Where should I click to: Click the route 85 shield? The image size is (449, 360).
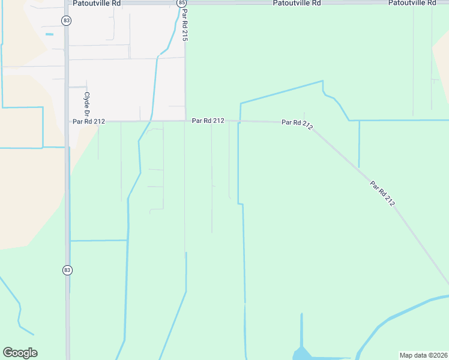(182, 3)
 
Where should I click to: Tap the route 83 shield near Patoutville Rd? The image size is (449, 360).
(67, 20)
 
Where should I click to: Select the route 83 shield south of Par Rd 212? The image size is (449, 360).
(67, 270)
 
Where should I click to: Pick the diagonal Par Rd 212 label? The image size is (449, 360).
(382, 194)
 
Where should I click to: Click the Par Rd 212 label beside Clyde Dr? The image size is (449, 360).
(89, 121)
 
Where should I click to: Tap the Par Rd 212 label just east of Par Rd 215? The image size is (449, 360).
(208, 121)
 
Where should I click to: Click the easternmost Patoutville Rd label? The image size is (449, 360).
(412, 3)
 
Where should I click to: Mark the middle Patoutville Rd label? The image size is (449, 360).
(297, 3)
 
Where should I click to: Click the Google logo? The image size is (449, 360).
(20, 353)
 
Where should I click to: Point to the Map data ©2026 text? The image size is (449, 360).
(423, 355)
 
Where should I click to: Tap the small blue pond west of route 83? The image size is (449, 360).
(49, 34)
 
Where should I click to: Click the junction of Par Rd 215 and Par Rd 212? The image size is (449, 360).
(185, 121)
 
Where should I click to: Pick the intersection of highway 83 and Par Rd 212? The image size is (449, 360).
(67, 121)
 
